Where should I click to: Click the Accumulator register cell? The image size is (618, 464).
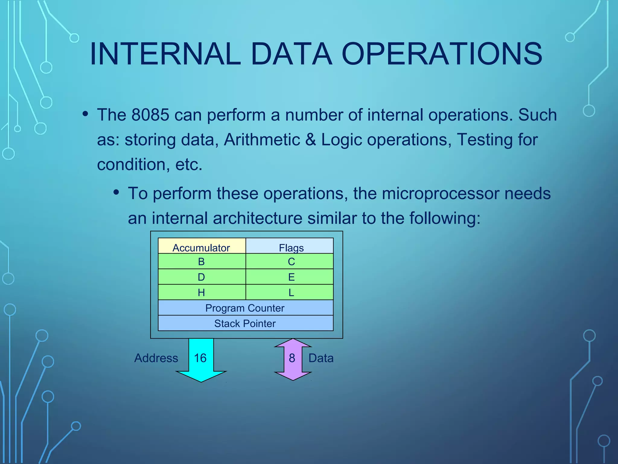pyautogui.click(x=202, y=246)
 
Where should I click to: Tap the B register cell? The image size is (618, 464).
pyautogui.click(x=202, y=262)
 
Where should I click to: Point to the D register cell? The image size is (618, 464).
pyautogui.click(x=202, y=277)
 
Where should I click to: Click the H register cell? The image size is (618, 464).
pyautogui.click(x=202, y=292)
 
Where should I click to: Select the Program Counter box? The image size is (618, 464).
pyautogui.click(x=245, y=308)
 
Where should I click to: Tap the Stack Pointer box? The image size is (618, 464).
pyautogui.click(x=245, y=324)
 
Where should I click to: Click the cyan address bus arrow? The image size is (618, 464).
pyautogui.click(x=201, y=362)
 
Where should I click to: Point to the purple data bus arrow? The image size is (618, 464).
pyautogui.click(x=292, y=359)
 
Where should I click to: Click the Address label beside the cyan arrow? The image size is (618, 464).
pyautogui.click(x=156, y=358)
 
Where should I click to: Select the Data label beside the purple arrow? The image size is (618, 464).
pyautogui.click(x=321, y=358)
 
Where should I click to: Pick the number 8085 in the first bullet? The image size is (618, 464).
pyautogui.click(x=150, y=115)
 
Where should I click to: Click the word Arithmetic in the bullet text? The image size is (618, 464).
pyautogui.click(x=262, y=140)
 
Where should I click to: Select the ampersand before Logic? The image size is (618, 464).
pyautogui.click(x=311, y=140)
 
